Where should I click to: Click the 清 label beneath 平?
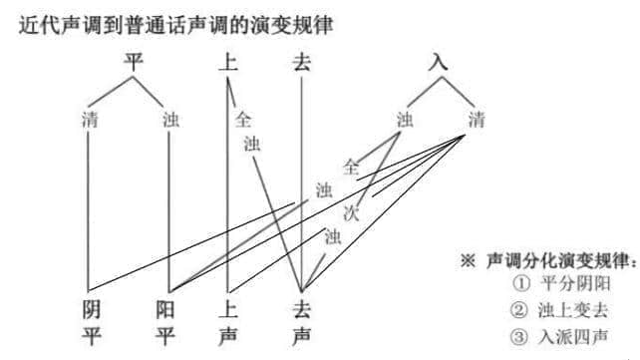[x=90, y=121]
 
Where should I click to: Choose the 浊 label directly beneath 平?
[x=169, y=121]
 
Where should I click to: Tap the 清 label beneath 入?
[x=476, y=120]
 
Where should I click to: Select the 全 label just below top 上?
[x=242, y=120]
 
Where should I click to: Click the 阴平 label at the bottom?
[x=91, y=322]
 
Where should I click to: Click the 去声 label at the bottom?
[x=301, y=322]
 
